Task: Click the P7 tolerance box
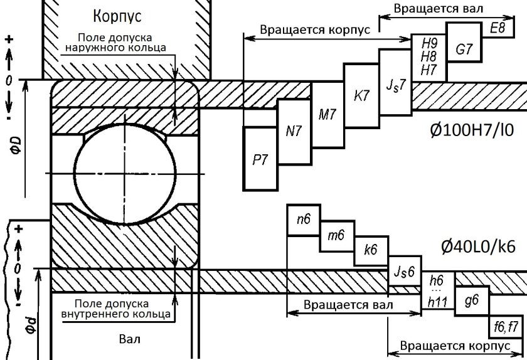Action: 260,158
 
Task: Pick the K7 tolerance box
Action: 362,96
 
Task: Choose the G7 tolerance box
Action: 464,51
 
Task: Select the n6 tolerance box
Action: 304,220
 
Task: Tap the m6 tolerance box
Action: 337,236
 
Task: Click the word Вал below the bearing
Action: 130,339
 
